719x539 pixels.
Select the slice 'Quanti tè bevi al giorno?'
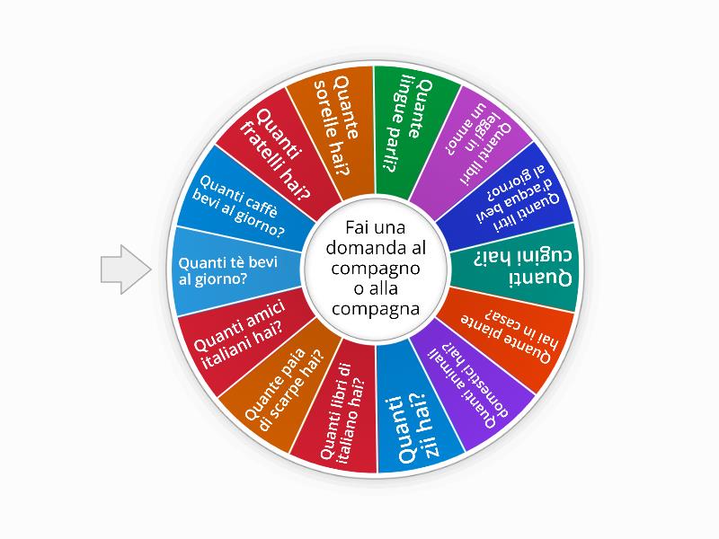click(234, 270)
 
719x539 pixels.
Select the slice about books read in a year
click(473, 146)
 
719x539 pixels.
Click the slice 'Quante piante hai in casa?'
click(509, 334)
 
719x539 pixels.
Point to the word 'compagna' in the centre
click(376, 309)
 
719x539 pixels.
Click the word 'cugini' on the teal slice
click(546, 256)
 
